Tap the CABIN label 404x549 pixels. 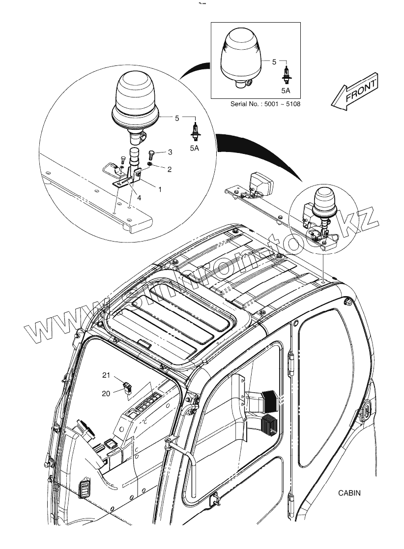(x=349, y=493)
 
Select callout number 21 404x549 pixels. (x=106, y=375)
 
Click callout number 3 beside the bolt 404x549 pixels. (x=170, y=152)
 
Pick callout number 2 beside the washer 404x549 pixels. (x=169, y=169)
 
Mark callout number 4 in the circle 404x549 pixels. (x=139, y=198)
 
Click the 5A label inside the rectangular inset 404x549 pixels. (x=286, y=91)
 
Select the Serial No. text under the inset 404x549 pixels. (x=265, y=104)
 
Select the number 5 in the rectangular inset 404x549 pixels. (x=274, y=62)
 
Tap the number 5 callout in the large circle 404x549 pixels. (x=177, y=118)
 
